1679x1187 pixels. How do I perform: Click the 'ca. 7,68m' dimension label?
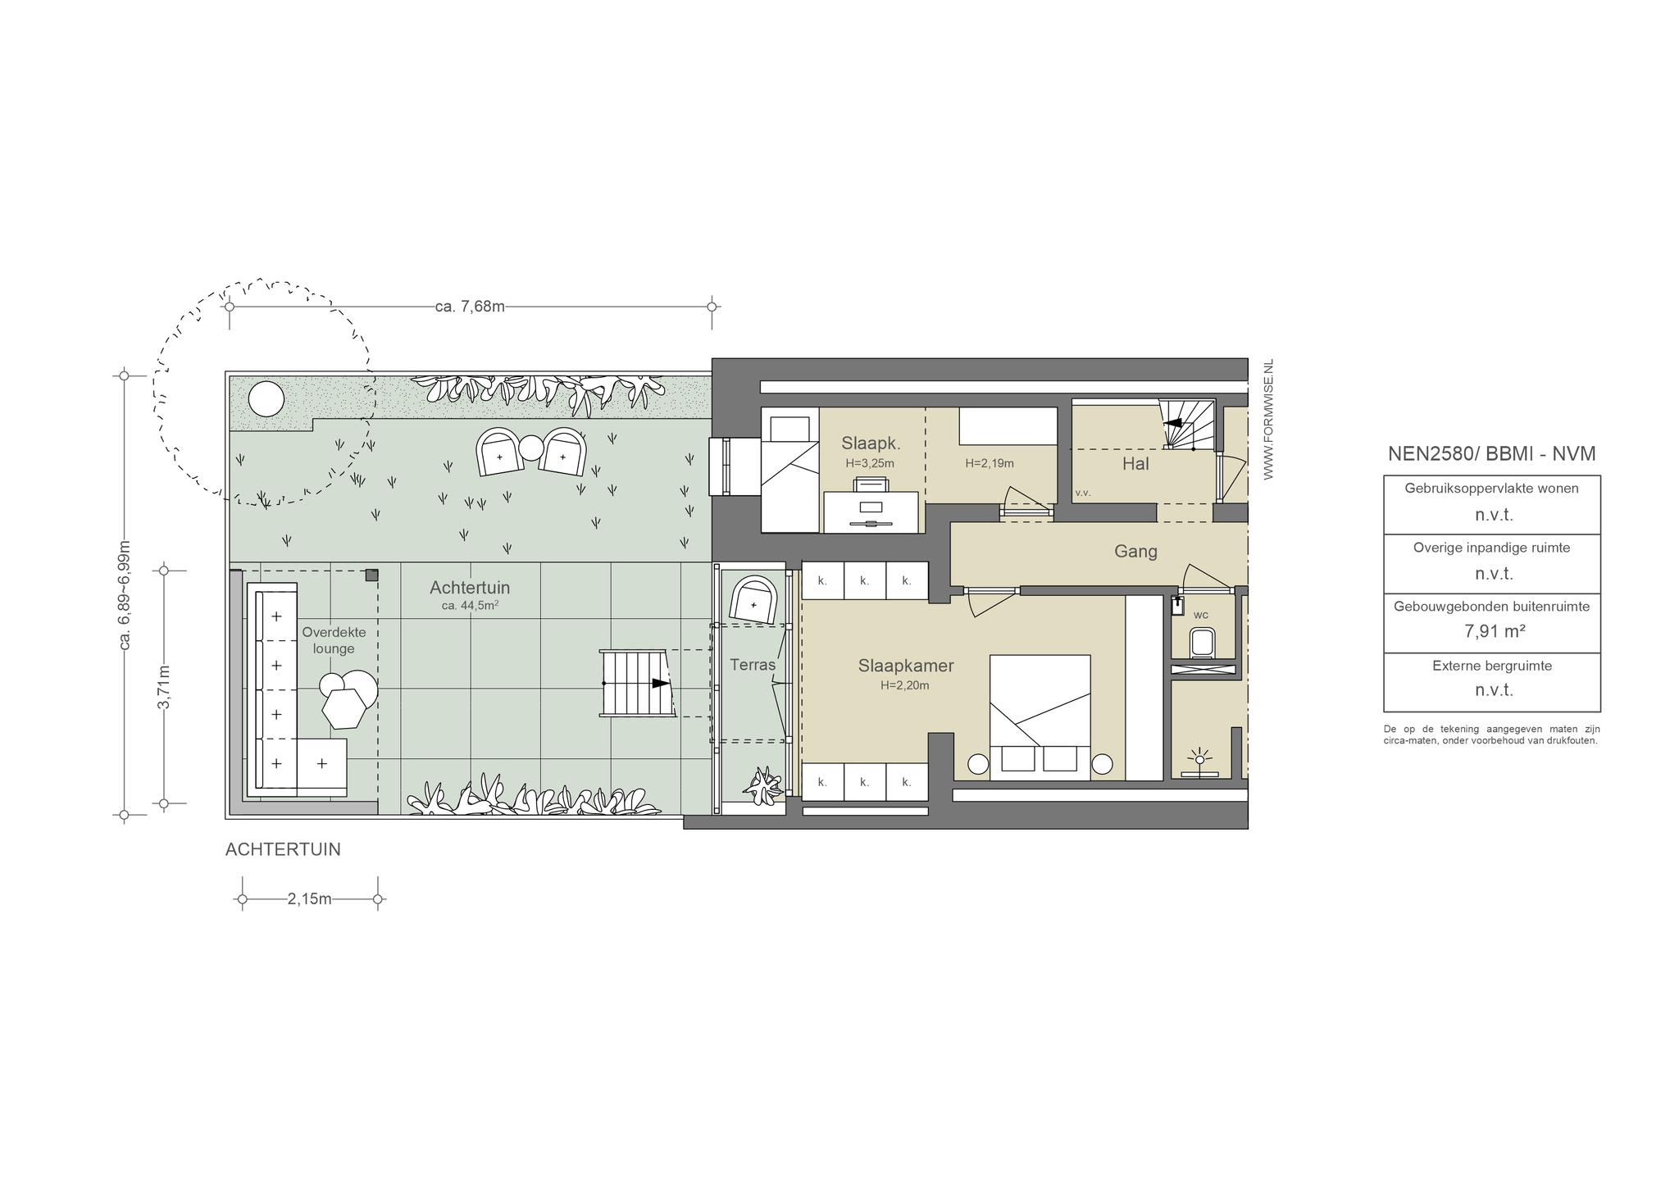[x=470, y=307]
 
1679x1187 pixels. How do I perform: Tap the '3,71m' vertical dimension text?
[x=164, y=687]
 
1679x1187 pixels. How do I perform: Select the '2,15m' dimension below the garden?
[x=309, y=899]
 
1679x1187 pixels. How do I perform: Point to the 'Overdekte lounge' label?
[x=334, y=640]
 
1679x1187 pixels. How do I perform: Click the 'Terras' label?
[x=753, y=665]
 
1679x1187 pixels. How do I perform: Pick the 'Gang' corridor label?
[x=1135, y=552]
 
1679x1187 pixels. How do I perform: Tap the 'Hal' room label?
[x=1135, y=464]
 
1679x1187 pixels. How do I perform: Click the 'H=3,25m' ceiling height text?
[x=870, y=463]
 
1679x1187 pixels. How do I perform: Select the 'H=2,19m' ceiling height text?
[x=990, y=463]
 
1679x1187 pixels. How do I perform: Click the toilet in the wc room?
[x=1202, y=644]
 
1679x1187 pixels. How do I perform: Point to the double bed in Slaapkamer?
[x=1040, y=717]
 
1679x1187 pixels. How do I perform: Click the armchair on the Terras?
[x=753, y=600]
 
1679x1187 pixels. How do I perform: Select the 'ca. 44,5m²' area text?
[x=470, y=606]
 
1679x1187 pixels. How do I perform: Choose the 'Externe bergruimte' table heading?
[x=1492, y=666]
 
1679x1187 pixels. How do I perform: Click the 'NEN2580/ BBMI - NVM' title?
[x=1492, y=454]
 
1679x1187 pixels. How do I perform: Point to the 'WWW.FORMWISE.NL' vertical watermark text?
[x=1268, y=419]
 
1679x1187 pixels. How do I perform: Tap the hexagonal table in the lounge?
[x=344, y=708]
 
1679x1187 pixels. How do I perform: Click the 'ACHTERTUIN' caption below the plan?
[x=283, y=850]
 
